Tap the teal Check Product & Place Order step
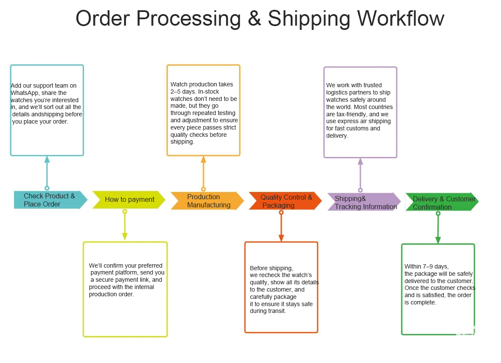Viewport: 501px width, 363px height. coord(50,200)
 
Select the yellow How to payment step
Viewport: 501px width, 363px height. coord(129,199)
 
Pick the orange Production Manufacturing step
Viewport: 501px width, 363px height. coord(208,201)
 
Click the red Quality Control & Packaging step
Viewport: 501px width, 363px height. coord(285,201)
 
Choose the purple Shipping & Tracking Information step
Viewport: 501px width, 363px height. coord(364,202)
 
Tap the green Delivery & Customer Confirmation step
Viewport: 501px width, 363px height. coord(442,203)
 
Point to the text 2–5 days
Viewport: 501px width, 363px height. coord(180,91)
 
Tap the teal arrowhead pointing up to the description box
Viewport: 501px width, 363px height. coord(47,159)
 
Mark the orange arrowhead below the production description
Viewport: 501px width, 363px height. coord(203,159)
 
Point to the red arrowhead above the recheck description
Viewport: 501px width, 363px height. coord(281,238)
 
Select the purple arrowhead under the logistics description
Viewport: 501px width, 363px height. coord(360,161)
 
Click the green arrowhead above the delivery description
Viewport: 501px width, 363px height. coord(438,240)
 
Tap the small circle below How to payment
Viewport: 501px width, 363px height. coord(125,211)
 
